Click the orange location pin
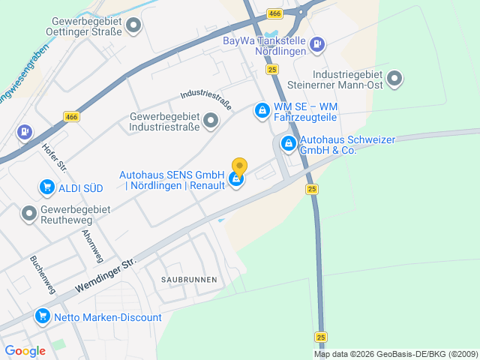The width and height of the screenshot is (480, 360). coord(239,166)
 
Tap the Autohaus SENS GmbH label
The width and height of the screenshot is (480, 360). coord(172,180)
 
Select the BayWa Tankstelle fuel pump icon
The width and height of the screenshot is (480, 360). coord(318,45)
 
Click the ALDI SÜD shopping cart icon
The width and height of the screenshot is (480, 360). coord(47,187)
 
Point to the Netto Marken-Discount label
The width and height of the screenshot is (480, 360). coord(108,317)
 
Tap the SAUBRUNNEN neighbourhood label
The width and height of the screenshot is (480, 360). coord(188,279)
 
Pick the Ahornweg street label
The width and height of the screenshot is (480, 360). coord(91,242)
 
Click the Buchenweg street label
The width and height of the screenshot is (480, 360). coord(42,274)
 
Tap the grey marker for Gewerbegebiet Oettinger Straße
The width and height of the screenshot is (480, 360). coord(134,27)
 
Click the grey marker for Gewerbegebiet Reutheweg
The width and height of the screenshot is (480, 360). coord(29,214)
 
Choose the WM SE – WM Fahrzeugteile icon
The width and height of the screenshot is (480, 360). coord(261,112)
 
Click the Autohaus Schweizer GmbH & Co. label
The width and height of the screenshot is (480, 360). coord(337,145)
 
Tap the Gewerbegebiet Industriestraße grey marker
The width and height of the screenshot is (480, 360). coord(211,120)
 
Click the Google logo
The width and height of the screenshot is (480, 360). coord(25,351)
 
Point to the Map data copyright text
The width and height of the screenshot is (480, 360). coord(396,354)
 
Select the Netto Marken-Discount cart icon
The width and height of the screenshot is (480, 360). coord(43,317)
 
